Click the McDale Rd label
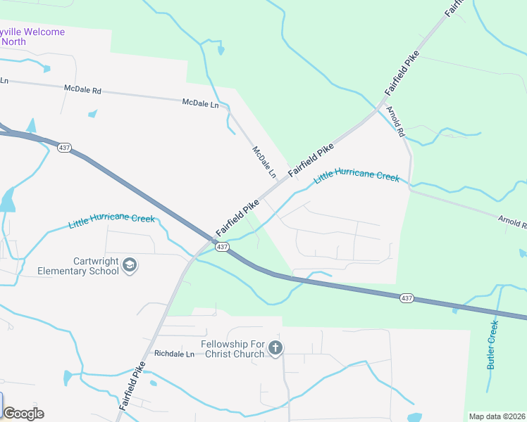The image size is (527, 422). tap(82, 91)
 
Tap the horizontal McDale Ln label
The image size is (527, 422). tap(200, 103)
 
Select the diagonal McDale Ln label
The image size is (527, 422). tap(263, 161)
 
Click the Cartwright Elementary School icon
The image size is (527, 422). tap(130, 265)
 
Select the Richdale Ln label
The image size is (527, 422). tap(174, 354)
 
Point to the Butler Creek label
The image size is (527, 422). tap(492, 345)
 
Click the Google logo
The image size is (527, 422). tap(23, 413)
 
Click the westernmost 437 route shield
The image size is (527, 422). tap(64, 148)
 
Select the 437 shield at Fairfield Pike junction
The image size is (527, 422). tap(221, 247)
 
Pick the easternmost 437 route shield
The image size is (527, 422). tap(407, 298)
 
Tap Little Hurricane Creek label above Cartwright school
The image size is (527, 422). tap(111, 221)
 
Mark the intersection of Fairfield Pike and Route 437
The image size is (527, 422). tap(213, 241)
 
